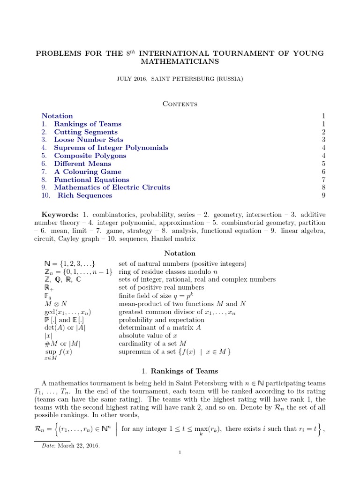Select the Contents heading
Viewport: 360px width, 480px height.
click(x=180, y=104)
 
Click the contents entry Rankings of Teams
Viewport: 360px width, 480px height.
click(x=88, y=124)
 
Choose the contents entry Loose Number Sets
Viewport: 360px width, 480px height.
click(x=89, y=140)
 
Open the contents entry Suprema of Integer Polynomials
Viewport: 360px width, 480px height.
click(x=111, y=148)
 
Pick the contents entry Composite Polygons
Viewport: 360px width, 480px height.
click(x=90, y=156)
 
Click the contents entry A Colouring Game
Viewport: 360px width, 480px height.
click(x=88, y=172)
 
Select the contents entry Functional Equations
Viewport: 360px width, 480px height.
click(x=91, y=180)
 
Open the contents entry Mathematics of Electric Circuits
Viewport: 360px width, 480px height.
click(x=112, y=187)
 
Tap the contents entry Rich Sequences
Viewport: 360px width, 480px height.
click(x=85, y=195)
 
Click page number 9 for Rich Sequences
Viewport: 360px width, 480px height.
click(x=323, y=195)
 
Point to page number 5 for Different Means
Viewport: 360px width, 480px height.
click(x=323, y=164)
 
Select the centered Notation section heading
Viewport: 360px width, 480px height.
click(x=180, y=253)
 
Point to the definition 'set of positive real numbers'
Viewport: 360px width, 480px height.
click(x=161, y=287)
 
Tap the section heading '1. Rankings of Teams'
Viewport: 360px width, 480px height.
click(x=180, y=372)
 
